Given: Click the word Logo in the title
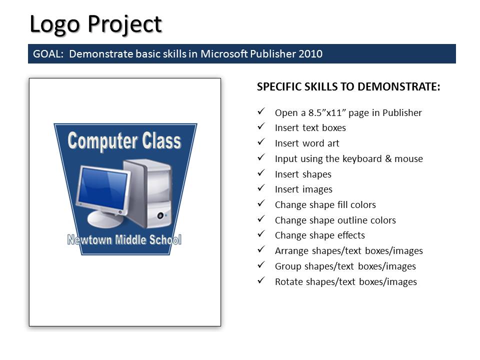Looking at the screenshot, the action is coord(55,24).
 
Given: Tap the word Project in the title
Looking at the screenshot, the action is coord(125,24).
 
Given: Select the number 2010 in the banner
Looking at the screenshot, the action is coord(310,54).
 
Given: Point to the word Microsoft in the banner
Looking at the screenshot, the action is coord(224,54).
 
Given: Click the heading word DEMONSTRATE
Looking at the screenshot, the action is coord(399,86).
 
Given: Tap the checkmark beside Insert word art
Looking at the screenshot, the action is coord(261,141).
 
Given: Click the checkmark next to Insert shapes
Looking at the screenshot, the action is coord(261,172).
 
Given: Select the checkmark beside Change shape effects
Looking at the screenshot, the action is coord(261,234).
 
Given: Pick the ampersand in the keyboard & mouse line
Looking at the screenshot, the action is coord(388,158).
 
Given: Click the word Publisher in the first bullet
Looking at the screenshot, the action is coord(402,112).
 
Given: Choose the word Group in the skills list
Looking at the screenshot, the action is coord(288,266).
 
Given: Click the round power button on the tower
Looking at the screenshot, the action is coord(160,215).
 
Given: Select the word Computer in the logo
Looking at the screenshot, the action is coord(102,141).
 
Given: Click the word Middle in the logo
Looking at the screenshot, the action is coord(130,239).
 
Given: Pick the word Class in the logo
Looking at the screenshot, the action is coord(161,140).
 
